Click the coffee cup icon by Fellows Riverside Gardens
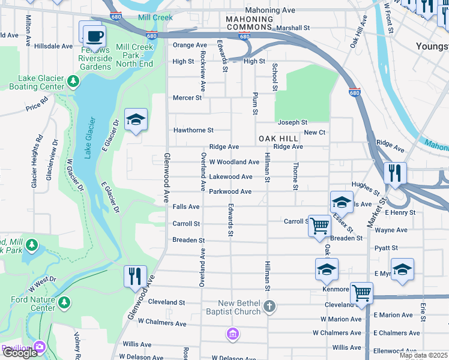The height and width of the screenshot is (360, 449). coord(93,35)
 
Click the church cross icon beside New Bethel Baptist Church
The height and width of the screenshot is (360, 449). coord(270,307)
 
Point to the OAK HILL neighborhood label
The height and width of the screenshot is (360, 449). coord(279,139)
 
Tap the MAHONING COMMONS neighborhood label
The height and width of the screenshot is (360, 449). coord(249,23)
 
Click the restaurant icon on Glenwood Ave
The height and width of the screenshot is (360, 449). coord(134,276)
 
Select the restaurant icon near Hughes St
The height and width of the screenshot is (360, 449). coord(396,173)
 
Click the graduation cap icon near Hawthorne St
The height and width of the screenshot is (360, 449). coord(136,119)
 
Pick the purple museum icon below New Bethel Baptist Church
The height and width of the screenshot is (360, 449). coord(233,333)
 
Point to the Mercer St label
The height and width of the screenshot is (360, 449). coord(187,98)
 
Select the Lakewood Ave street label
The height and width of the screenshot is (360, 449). coord(231,177)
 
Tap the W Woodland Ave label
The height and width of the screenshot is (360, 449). coord(234,162)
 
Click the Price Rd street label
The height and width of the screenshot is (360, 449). coord(36,106)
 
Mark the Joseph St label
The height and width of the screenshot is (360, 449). coord(292,122)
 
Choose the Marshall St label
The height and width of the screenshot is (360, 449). coord(293,28)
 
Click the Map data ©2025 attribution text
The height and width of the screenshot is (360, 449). coord(423,355)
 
